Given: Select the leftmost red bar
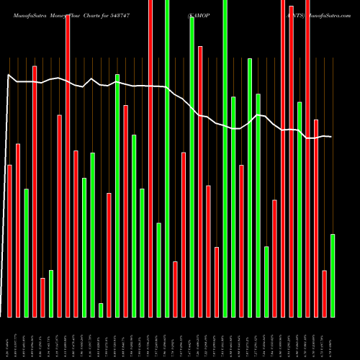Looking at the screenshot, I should [9, 241].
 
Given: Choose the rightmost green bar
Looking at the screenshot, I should [333, 275].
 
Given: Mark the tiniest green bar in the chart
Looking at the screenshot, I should [101, 310].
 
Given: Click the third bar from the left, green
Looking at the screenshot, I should [26, 253].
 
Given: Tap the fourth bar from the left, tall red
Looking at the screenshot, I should [35, 191].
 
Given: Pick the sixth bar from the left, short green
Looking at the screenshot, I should [51, 293].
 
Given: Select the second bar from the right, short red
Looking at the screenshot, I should [325, 293].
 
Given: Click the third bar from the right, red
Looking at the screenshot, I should [316, 217].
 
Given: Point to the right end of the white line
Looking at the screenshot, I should [331, 137].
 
